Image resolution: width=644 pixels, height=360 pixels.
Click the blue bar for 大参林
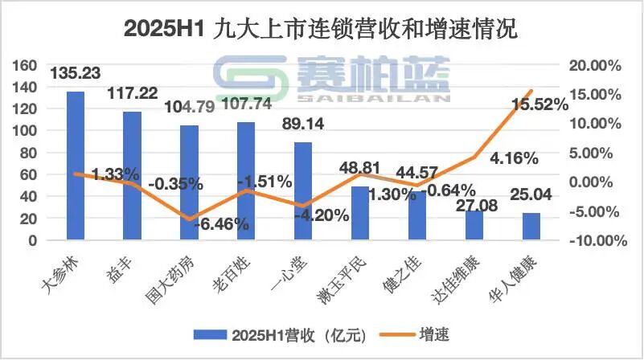[x=75, y=166]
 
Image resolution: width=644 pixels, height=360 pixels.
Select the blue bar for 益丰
[x=132, y=175]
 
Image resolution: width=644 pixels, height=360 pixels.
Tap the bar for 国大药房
[x=189, y=182]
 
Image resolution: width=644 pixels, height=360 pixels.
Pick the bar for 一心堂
[x=303, y=190]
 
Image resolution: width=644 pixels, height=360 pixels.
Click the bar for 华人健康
[x=531, y=226]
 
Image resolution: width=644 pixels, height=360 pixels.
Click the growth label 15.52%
[x=540, y=103]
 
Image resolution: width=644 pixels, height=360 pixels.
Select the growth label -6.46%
[x=221, y=225]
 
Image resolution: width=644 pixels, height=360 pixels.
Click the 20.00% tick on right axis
[x=594, y=65]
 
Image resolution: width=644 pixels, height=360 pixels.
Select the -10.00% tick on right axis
[x=596, y=240]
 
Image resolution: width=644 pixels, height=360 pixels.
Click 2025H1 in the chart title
[x=164, y=30]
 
